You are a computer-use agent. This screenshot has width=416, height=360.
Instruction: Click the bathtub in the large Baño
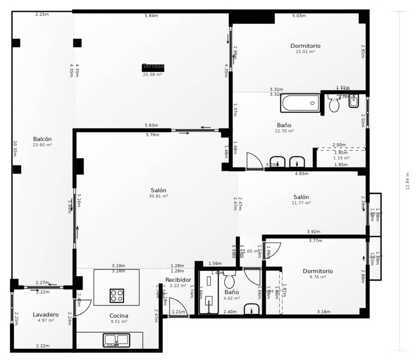[x=300, y=103]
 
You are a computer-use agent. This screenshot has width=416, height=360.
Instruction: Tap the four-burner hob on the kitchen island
[x=117, y=295]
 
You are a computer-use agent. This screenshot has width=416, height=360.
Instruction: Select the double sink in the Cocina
[x=116, y=340]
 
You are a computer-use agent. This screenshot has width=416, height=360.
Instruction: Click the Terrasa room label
[x=153, y=66]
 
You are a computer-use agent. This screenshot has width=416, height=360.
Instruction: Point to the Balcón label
[x=42, y=139]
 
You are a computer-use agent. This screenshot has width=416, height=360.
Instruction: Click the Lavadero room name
[x=46, y=314]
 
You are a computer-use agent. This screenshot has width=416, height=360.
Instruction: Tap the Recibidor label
[x=178, y=280]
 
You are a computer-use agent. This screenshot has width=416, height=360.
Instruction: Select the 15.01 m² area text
[x=305, y=52]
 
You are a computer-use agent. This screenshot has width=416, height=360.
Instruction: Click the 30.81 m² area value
[x=158, y=196]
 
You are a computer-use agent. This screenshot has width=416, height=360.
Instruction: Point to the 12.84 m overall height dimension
[x=407, y=181]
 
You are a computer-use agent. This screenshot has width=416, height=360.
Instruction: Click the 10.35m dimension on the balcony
[x=15, y=148]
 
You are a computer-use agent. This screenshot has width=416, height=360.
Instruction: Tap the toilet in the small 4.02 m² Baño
[x=229, y=281]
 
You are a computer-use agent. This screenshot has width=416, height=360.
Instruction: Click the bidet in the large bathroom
[x=354, y=101]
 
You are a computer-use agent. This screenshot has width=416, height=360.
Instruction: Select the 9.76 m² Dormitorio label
[x=318, y=271]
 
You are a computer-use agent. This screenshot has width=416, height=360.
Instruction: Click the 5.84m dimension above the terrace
[x=151, y=16]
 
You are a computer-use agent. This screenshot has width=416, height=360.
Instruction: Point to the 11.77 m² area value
[x=301, y=203]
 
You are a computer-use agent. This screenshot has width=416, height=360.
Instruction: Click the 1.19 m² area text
[x=341, y=158]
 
